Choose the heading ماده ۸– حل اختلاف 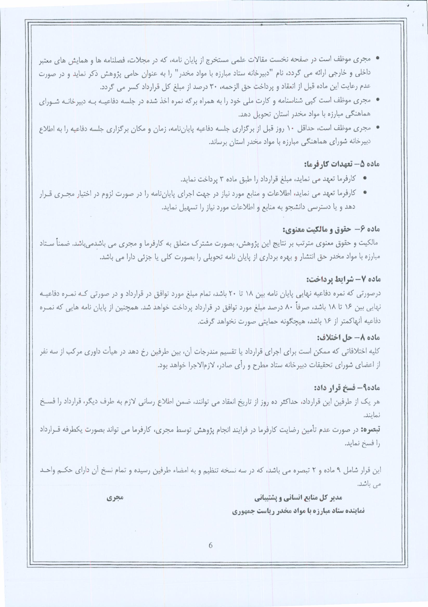click(x=349, y=338)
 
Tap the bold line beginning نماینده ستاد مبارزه click(x=298, y=511)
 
